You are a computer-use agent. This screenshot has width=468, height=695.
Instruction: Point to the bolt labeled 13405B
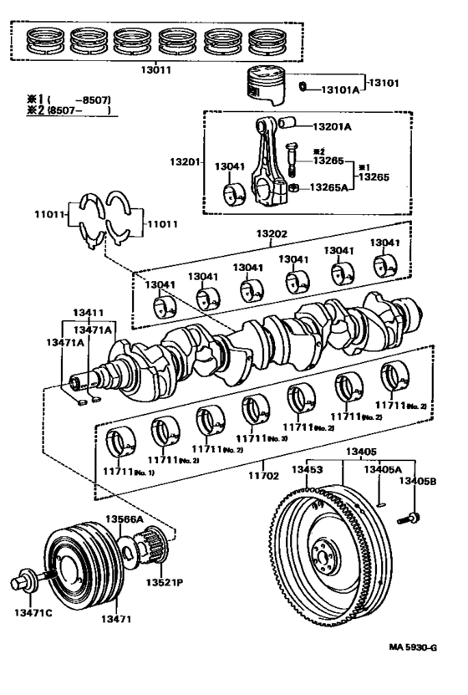coord(413,519)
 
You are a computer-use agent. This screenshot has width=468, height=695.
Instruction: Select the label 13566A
coord(124,519)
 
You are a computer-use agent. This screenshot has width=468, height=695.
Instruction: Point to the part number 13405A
coord(380,470)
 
